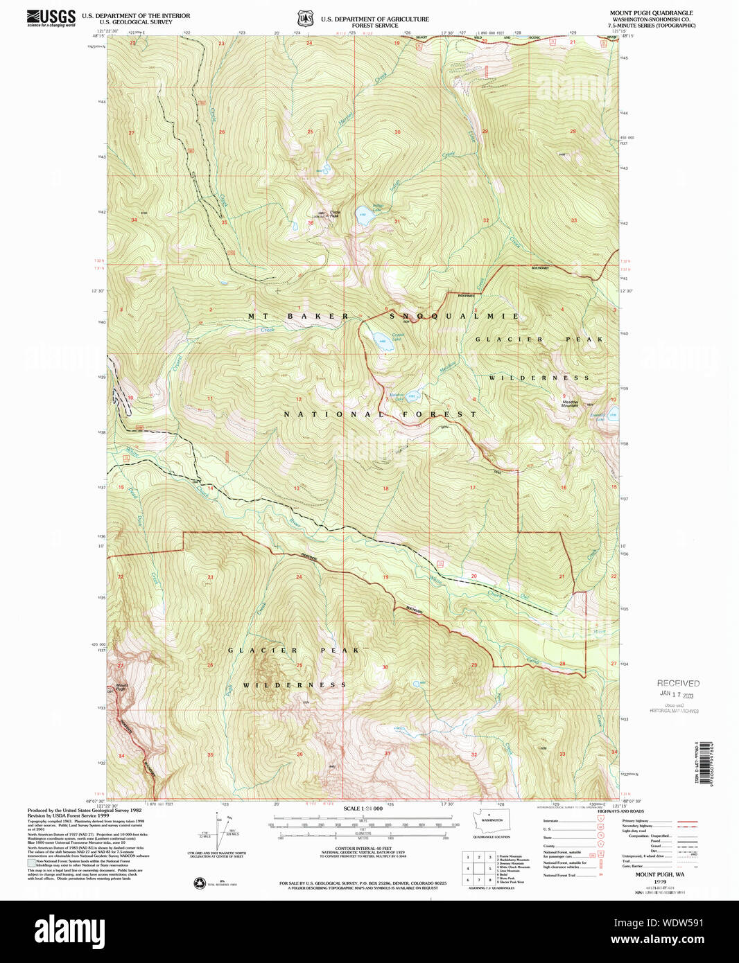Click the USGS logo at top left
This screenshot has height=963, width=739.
pyautogui.click(x=51, y=18)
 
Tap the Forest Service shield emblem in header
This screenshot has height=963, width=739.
pyautogui.click(x=306, y=19)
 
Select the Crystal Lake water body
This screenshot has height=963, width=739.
pyautogui.click(x=381, y=339)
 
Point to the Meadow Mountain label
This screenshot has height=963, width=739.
pyautogui.click(x=570, y=403)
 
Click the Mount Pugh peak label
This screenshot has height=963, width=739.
pyautogui.click(x=121, y=687)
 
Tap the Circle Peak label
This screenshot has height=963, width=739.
pyautogui.click(x=334, y=214)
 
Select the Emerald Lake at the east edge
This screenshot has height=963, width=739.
pyautogui.click(x=613, y=416)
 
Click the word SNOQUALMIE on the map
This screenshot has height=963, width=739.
pyautogui.click(x=453, y=316)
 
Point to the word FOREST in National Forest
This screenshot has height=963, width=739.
pyautogui.click(x=440, y=414)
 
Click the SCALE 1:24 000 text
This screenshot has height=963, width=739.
pyautogui.click(x=362, y=809)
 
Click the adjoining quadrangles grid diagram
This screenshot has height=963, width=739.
pyautogui.click(x=478, y=868)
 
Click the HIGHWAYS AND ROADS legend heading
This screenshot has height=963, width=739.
pyautogui.click(x=620, y=811)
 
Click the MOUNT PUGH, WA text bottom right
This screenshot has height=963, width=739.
pyautogui.click(x=659, y=874)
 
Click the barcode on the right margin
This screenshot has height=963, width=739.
pyautogui.click(x=706, y=762)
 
